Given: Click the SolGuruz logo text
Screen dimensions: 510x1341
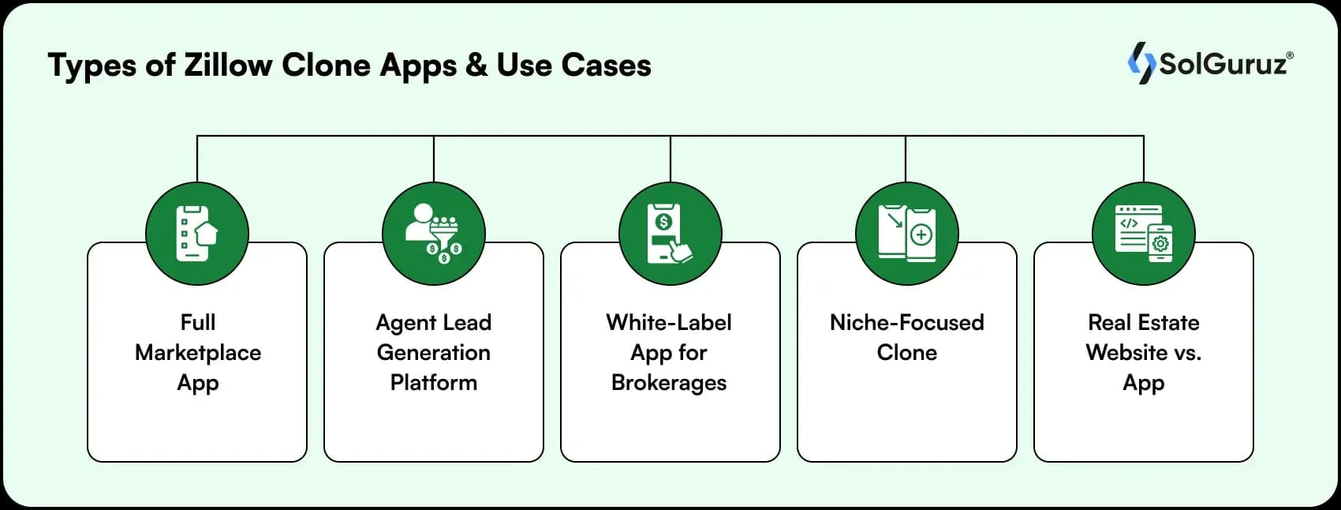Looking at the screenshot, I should pos(1222,64).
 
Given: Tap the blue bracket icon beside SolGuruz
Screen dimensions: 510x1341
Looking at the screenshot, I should pos(1141,63).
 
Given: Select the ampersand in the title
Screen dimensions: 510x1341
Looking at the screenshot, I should pos(476,66).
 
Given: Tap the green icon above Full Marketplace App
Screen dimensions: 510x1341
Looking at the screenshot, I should pos(197,234).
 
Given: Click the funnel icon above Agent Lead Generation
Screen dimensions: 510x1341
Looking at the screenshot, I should pos(434,234).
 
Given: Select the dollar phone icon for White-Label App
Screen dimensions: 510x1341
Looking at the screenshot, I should pos(670,234).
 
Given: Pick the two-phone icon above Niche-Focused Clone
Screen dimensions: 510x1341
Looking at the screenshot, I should pos(907,234).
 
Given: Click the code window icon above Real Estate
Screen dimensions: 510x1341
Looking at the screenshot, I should pos(1143,234).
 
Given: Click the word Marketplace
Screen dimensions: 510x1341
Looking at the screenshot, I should pos(198,353).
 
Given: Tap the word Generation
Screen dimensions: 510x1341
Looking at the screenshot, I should pos(433,353).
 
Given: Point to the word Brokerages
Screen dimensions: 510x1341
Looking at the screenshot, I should pos(669,383).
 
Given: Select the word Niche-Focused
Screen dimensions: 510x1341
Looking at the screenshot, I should pos(906,323).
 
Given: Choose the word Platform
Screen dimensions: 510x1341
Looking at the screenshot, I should pos(433,383).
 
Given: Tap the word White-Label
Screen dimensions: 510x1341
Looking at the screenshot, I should pos(669,323).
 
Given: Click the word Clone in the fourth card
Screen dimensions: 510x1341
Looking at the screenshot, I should pos(906,353).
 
